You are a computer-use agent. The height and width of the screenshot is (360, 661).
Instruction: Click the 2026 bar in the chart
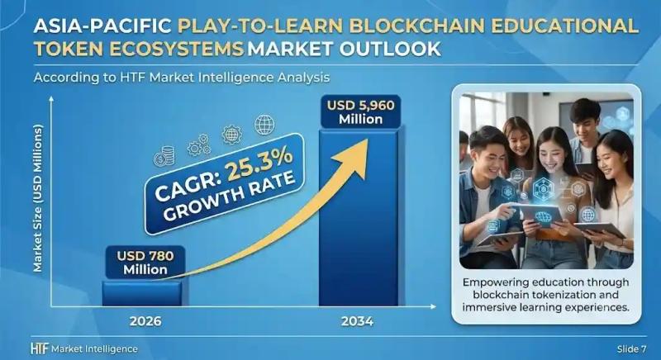(143, 293)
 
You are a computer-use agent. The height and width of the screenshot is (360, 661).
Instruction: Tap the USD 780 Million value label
(145, 263)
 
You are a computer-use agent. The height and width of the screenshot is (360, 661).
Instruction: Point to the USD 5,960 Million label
(361, 111)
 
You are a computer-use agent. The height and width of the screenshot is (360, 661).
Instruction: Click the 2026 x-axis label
(145, 321)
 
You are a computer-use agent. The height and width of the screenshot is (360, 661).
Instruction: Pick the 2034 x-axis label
(358, 321)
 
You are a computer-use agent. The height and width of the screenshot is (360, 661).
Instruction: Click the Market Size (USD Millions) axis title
(38, 198)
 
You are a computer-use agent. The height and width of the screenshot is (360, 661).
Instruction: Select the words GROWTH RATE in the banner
(230, 196)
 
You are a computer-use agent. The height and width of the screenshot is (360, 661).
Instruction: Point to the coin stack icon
(164, 156)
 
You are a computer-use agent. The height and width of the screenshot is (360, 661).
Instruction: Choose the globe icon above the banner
(264, 125)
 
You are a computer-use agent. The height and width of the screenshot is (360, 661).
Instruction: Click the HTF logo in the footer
(40, 348)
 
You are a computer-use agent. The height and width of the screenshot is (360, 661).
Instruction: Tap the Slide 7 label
(631, 349)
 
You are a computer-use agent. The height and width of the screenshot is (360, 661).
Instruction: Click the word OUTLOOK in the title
(390, 49)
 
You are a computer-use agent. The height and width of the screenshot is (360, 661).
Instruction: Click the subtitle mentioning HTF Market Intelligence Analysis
(181, 78)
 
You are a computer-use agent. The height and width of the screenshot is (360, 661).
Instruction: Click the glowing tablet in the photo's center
(541, 215)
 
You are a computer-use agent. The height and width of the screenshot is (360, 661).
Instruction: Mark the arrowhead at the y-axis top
(51, 99)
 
